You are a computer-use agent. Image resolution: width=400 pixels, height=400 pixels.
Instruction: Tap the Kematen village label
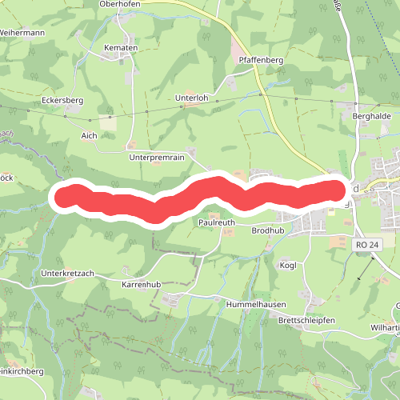(121, 48)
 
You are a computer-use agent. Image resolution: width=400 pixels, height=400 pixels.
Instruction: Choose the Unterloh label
(191, 98)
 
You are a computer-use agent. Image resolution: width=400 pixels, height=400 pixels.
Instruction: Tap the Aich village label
(89, 135)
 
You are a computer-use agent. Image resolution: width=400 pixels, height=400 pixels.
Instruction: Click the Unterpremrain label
(157, 158)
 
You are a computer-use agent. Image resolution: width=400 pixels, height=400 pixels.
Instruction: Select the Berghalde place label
(370, 115)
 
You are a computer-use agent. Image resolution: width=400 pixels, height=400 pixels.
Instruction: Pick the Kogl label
(288, 264)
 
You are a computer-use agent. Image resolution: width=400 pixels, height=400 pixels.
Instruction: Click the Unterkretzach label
(67, 273)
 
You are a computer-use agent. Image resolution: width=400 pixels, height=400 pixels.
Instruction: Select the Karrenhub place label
(142, 284)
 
